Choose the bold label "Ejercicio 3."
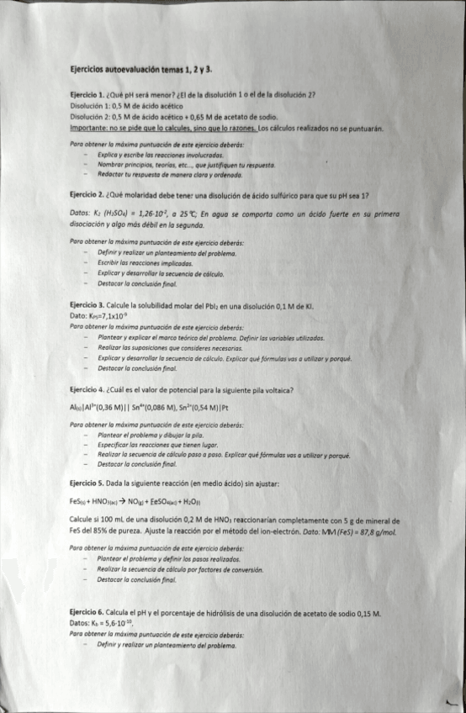88,305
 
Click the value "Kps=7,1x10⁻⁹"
101,315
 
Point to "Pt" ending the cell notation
225,408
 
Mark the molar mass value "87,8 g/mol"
379,531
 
